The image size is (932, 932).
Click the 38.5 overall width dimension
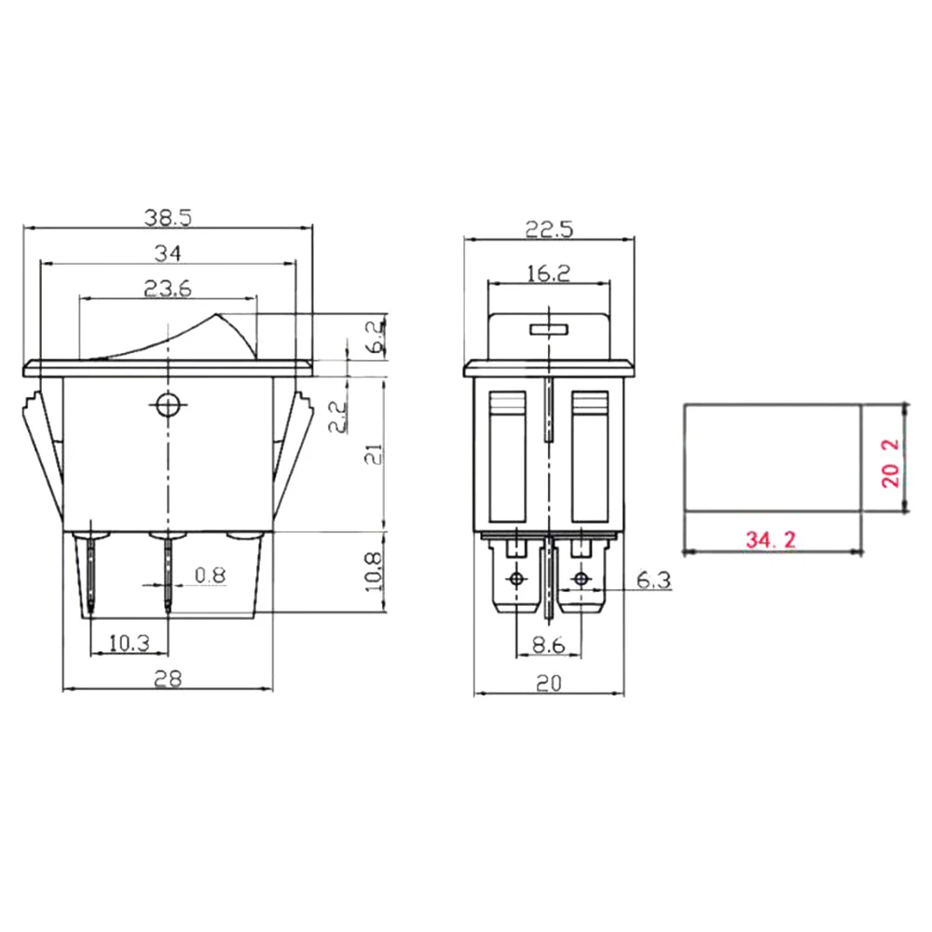click(168, 217)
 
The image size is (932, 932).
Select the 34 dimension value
click(168, 254)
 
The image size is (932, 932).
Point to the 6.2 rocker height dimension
click(377, 336)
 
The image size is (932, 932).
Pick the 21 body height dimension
click(375, 455)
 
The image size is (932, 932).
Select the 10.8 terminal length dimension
click(374, 572)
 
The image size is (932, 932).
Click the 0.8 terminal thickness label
click(211, 575)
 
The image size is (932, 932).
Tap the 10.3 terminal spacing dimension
click(129, 642)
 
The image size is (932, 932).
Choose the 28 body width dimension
click(168, 678)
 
